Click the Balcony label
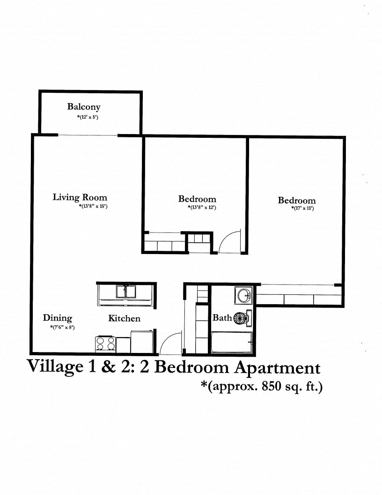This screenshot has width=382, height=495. (84, 107)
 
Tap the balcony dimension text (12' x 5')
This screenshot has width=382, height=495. (88, 117)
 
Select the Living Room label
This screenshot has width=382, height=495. (80, 197)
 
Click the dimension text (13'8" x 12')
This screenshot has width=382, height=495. (202, 207)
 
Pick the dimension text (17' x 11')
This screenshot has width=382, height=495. (302, 208)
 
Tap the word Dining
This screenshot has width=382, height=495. (58, 318)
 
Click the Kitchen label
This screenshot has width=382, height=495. (125, 319)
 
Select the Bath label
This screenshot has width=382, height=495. (222, 318)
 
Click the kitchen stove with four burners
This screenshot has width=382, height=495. (106, 344)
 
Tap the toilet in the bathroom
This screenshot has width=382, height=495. (241, 318)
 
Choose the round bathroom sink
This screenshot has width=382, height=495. (244, 295)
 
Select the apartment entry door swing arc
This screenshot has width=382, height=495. (169, 343)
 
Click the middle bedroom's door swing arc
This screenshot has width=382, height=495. (230, 241)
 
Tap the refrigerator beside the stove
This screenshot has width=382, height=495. (141, 342)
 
